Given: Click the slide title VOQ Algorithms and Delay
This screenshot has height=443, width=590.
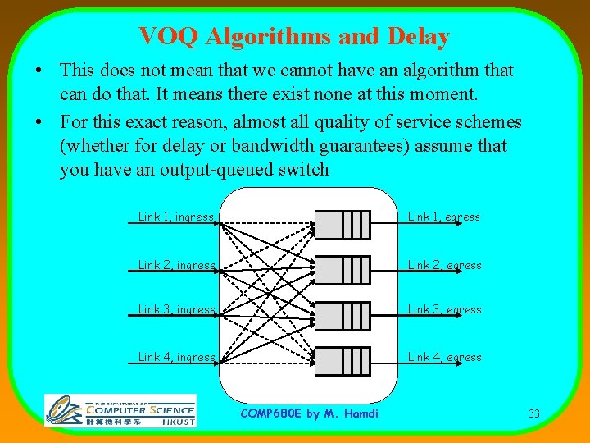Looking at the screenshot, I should point(294,37).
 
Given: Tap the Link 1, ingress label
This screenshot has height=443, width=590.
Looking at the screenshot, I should point(176,217).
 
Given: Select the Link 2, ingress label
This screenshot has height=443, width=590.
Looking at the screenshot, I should point(176,266).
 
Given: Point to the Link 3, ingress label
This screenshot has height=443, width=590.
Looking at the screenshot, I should point(176,310).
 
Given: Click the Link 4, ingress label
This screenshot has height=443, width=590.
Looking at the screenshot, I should point(176,358).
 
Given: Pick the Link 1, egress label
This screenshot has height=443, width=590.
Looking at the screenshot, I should point(444,217).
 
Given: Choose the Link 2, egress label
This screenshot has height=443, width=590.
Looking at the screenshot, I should point(444,266).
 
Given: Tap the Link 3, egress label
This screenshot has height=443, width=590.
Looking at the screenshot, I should point(444,310).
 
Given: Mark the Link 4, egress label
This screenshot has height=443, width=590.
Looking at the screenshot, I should point(444,358).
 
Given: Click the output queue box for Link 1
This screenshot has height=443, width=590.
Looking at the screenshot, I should point(343,224).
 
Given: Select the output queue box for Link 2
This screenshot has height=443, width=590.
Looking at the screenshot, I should point(343,269).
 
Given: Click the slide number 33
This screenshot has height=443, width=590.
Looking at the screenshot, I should point(534,413).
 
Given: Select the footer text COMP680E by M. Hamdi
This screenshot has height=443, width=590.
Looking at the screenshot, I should point(309,413).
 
